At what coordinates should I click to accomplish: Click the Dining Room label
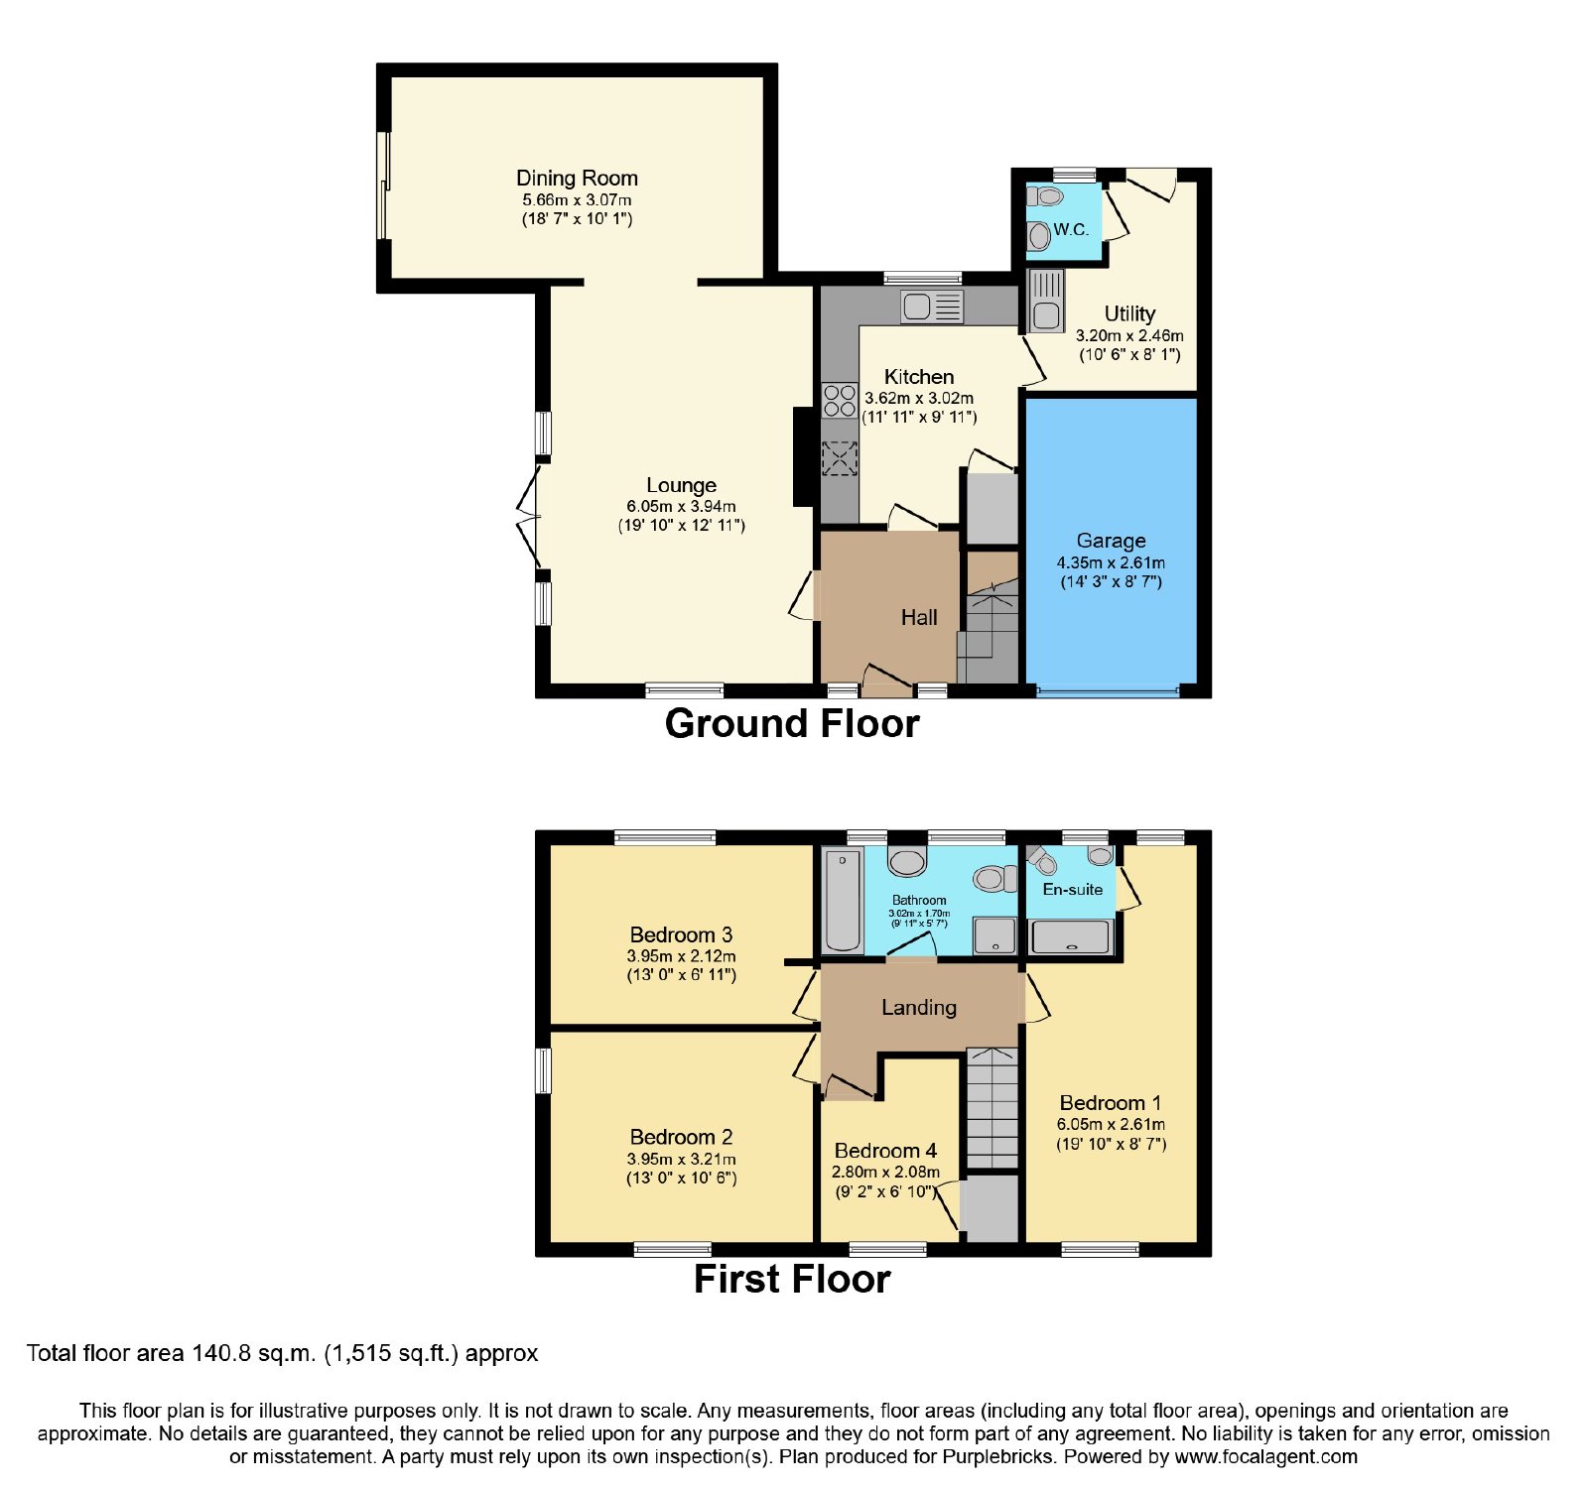coord(577,179)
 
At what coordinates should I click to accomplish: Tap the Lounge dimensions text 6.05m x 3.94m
coord(681,506)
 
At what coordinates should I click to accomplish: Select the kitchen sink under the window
coord(932,307)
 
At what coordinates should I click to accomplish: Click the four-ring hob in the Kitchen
coord(840,400)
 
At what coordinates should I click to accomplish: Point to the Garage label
coord(1111,541)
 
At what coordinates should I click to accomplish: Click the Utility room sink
coord(1046,301)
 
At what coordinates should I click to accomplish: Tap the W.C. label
coord(1071,229)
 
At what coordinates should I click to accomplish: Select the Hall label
coord(919,617)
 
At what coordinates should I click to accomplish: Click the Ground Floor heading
coord(792,723)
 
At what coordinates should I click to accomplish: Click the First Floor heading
coord(792,1279)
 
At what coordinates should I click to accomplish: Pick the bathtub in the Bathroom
coord(843,900)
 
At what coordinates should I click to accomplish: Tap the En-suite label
coord(1072,889)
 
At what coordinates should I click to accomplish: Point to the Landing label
coord(919,1008)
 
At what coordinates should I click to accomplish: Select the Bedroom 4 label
coord(885,1151)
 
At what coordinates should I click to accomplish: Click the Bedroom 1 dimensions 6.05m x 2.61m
coord(1111,1125)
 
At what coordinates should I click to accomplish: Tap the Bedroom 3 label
coord(681,934)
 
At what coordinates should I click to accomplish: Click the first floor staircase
coord(992,1107)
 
